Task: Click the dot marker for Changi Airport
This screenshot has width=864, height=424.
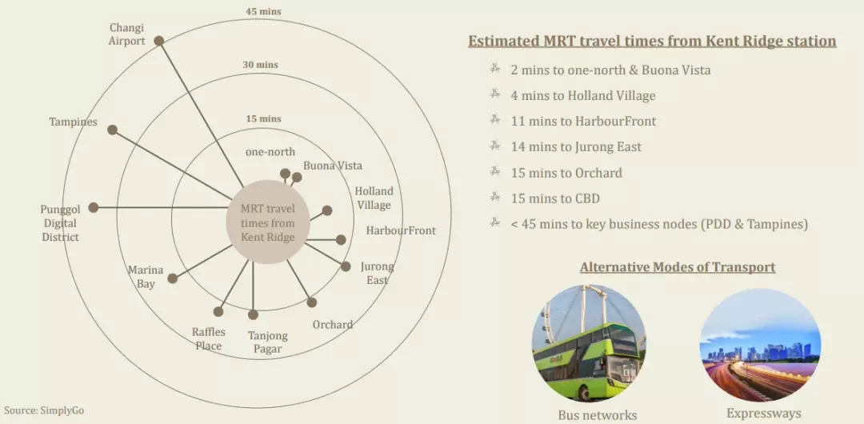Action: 158,41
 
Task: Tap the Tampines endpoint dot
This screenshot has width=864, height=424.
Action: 113,130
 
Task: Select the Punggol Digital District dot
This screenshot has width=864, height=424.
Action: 94,207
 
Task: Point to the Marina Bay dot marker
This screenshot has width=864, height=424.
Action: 173,278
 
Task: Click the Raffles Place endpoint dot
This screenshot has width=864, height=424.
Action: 218,311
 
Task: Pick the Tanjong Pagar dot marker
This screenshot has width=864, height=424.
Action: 253,315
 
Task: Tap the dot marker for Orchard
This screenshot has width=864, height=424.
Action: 312,302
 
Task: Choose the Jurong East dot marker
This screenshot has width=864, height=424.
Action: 346,266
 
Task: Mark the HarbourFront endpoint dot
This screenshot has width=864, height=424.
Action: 341,240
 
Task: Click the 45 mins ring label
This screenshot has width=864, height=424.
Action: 263,11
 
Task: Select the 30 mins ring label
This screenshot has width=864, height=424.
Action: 260,65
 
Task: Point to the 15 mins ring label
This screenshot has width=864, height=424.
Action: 263,118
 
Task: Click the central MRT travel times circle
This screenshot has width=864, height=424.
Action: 267,222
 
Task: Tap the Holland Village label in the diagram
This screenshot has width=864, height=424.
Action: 374,198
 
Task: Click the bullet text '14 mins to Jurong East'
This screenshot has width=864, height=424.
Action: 576,146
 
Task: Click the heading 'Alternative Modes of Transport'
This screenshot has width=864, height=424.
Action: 678,267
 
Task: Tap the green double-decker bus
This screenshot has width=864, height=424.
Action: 587,359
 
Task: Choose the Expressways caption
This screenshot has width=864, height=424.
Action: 764,414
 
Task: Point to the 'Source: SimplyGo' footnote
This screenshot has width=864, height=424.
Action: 44,410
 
